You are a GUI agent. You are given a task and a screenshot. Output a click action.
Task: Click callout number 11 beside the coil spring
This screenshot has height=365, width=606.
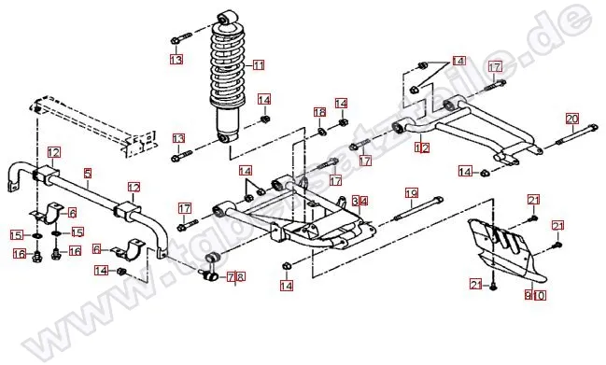258,65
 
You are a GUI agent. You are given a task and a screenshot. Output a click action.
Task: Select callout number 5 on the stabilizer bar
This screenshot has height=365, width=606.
87,173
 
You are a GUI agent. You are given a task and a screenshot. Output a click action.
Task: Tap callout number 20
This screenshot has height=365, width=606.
572,119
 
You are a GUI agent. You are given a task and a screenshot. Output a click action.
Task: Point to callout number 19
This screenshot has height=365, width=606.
410,193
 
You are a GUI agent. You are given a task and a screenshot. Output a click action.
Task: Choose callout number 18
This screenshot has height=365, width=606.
319,113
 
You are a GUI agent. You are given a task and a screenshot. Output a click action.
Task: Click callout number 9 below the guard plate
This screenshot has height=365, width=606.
528,295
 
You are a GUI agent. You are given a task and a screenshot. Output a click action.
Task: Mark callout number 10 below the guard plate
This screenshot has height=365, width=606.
539,295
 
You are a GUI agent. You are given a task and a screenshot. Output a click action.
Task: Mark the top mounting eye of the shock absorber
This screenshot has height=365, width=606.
225,18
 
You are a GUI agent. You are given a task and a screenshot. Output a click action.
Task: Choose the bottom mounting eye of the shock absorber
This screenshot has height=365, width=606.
224,139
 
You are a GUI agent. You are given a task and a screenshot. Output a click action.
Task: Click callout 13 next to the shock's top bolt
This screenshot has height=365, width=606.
176,60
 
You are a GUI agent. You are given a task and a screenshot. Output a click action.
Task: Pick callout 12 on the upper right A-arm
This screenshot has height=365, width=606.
422,147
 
